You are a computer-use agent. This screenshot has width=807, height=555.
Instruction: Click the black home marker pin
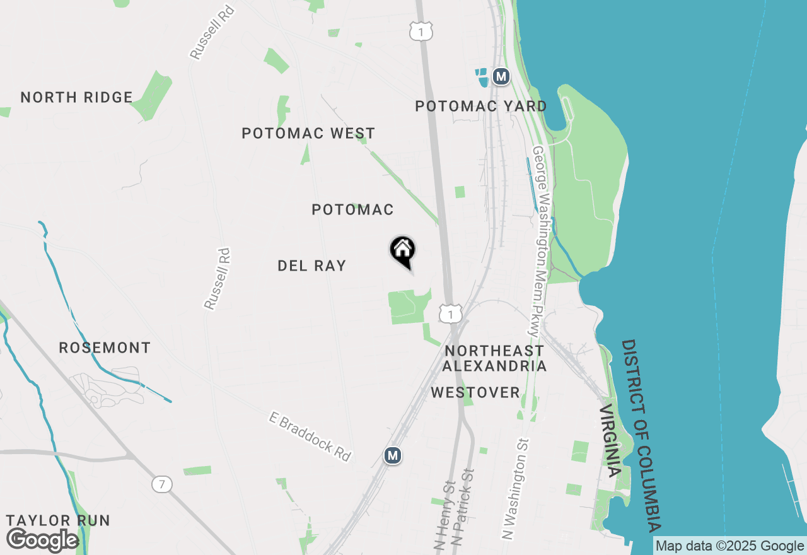(x=403, y=251)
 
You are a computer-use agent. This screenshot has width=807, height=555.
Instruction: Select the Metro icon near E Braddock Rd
(x=393, y=455)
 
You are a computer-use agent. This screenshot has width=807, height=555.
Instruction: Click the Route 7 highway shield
(x=162, y=484)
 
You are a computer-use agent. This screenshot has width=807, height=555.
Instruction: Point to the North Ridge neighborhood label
(x=76, y=98)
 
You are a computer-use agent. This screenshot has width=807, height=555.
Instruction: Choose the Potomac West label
(x=308, y=134)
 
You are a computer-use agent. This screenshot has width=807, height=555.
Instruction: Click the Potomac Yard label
(x=481, y=107)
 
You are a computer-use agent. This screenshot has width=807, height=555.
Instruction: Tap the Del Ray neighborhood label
(x=312, y=266)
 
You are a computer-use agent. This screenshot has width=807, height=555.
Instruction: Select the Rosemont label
(x=105, y=348)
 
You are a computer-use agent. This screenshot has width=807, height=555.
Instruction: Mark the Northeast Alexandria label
(x=494, y=358)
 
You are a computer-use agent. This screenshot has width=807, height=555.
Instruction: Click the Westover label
(x=475, y=393)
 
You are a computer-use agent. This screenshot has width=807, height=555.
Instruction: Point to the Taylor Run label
(x=58, y=521)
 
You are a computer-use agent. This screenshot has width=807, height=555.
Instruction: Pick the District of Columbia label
(x=641, y=435)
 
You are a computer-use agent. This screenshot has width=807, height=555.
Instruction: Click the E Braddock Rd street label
(x=310, y=436)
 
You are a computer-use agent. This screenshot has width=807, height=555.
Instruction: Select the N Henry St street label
(x=445, y=514)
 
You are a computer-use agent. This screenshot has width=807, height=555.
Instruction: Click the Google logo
(x=42, y=540)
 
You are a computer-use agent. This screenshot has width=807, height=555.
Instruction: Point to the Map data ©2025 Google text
(x=730, y=546)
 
